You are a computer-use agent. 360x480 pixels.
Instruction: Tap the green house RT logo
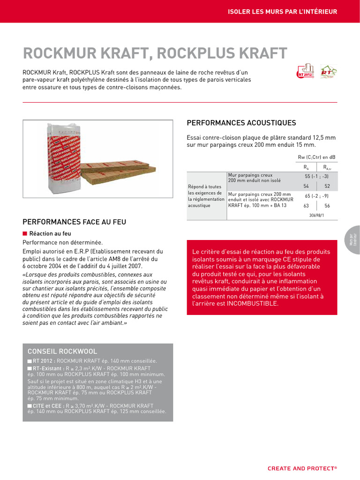click(x=329, y=72)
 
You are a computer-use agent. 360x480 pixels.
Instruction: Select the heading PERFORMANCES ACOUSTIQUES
click(x=241, y=123)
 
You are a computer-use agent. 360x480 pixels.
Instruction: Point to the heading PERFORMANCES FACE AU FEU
click(x=74, y=222)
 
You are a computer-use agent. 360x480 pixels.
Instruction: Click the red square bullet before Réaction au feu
click(x=25, y=233)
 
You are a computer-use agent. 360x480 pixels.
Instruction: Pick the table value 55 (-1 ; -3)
click(x=317, y=176)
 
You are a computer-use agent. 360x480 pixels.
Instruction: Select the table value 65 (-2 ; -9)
click(x=317, y=195)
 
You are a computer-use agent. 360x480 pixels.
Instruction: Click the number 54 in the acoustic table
click(x=306, y=186)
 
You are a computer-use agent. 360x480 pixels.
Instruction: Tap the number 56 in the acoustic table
click(x=327, y=205)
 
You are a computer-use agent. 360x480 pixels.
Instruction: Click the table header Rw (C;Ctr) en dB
click(x=317, y=157)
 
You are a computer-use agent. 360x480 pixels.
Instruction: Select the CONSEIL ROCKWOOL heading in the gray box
click(x=62, y=351)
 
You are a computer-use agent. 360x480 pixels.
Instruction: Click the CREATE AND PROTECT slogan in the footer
click(x=302, y=468)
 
